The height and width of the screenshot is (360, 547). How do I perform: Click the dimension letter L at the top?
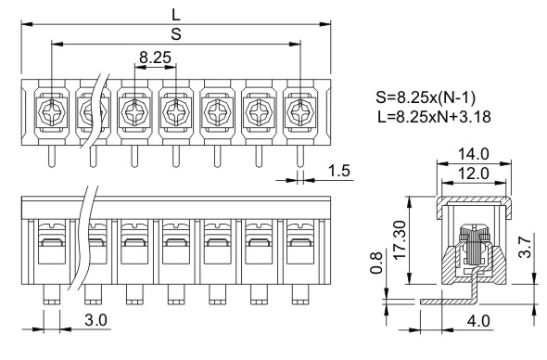point(176,15)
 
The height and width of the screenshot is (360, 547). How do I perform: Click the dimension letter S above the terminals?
point(176,34)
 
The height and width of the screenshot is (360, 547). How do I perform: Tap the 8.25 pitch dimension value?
point(155,58)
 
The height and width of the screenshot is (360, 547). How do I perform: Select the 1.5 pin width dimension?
point(339,171)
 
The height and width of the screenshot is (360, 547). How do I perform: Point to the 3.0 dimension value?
point(95,320)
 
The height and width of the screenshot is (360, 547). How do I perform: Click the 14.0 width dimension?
point(474,154)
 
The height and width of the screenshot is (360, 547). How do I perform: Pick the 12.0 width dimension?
point(474,174)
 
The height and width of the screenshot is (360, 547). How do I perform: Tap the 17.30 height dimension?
point(400,239)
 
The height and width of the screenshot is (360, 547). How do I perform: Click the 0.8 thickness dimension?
point(376,263)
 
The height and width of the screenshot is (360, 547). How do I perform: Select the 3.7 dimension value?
point(525,247)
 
